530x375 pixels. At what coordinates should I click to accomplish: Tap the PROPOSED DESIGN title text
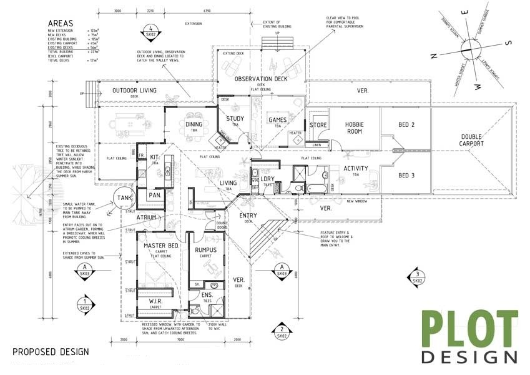click(x=51, y=352)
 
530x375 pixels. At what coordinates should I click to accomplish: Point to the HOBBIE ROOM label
click(x=354, y=127)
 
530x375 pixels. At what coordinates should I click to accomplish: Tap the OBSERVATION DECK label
click(x=261, y=79)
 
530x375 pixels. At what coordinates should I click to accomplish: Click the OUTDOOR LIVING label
click(x=134, y=91)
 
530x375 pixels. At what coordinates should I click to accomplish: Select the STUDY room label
click(x=235, y=119)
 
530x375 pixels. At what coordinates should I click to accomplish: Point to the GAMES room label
click(x=277, y=119)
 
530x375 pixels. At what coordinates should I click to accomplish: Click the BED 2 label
click(x=406, y=125)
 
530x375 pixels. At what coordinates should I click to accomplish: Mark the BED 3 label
click(x=406, y=175)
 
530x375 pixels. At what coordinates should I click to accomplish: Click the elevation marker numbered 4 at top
click(x=152, y=29)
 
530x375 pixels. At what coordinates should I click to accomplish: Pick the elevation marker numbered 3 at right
click(x=416, y=276)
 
